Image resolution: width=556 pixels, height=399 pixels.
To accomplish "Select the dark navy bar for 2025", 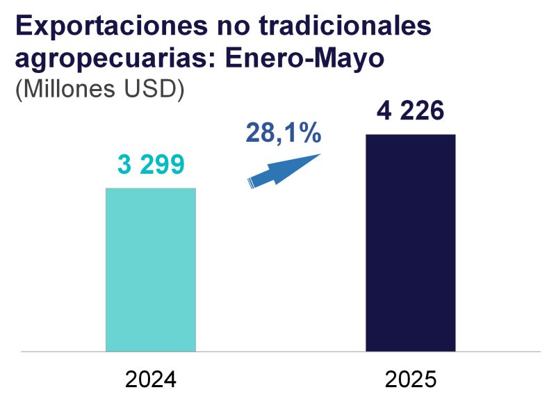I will coord(410,243).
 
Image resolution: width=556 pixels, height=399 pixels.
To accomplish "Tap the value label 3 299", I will coord(151,165).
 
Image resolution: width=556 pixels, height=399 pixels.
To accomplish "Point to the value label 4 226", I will coord(410,111).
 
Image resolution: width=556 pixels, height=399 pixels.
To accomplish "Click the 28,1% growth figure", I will coord(283,131).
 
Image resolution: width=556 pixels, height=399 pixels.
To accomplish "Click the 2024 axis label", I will coord(151,380).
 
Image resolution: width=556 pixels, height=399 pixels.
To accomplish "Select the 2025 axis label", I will coord(410,380).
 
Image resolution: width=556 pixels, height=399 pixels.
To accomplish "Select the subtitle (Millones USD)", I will coord(99,90).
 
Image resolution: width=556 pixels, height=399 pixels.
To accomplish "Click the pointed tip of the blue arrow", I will coord(319,155).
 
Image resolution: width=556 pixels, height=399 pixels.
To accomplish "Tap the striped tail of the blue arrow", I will coord(252,183).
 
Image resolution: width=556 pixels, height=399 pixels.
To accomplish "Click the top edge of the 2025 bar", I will coord(410,136).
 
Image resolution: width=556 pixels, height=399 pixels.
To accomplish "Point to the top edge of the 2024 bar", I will coord(151,189).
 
